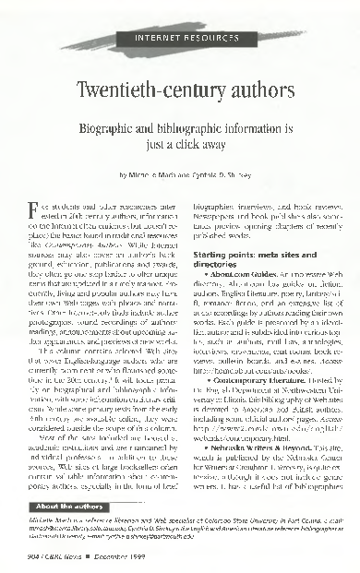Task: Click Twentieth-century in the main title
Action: click(x=148, y=92)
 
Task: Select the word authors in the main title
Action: click(x=242, y=92)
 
